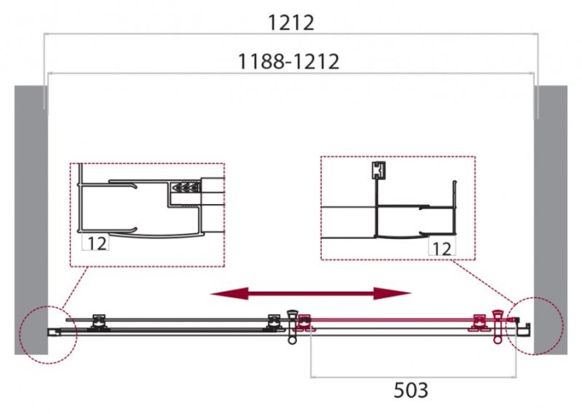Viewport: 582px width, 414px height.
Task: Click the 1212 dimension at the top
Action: point(291,22)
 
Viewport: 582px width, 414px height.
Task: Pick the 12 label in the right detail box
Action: point(441,247)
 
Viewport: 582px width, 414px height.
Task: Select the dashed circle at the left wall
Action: point(47,333)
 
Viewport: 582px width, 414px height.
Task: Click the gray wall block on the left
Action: point(28,217)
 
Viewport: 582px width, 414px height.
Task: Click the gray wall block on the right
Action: point(552,217)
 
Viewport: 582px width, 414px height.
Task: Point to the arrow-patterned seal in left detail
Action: point(185,189)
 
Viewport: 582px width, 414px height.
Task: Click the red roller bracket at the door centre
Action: point(305,322)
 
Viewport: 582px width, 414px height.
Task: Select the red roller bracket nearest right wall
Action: point(480,322)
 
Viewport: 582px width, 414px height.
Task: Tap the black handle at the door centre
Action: point(292,326)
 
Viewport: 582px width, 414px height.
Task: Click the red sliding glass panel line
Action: point(391,319)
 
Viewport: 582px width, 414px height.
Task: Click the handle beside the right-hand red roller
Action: point(498,326)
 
